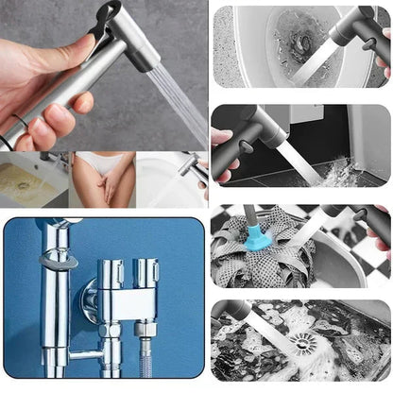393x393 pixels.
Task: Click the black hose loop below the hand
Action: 9,133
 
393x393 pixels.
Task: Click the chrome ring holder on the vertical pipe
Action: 57,261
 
